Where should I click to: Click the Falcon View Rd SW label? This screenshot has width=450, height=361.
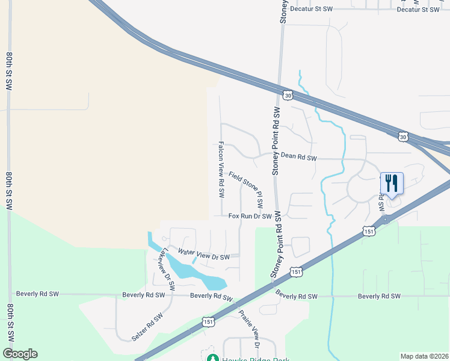221,170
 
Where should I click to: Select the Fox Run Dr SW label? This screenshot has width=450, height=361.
250,217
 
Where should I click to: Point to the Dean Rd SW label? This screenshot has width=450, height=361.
298,157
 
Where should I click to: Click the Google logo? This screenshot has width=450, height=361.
20,354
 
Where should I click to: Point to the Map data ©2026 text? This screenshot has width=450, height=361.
424,356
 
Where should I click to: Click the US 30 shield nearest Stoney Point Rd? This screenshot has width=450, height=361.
288,95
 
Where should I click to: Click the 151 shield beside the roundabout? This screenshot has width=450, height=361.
369,231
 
